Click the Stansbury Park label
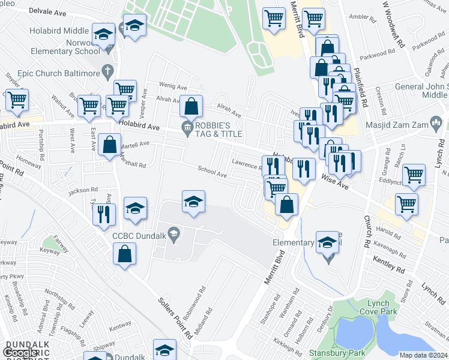[328, 353]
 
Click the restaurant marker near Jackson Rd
[104, 214]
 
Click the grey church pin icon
[107, 73]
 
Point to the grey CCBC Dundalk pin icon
[173, 235]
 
